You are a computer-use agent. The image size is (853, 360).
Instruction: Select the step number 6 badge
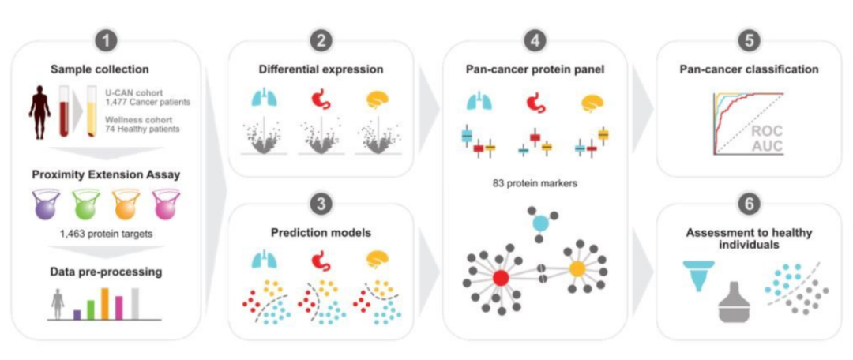click(x=749, y=204)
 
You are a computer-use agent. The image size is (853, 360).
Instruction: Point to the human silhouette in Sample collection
click(x=39, y=111)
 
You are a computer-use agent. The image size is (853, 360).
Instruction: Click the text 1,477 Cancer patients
click(x=149, y=102)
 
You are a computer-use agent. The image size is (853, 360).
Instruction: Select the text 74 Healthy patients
click(x=146, y=129)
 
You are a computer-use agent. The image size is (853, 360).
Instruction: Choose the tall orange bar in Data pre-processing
click(x=103, y=303)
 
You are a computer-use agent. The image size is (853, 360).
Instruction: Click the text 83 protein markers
click(x=535, y=184)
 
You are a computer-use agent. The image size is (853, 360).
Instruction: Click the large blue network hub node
click(x=539, y=223)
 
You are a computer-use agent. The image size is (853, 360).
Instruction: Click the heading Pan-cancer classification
click(x=749, y=69)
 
